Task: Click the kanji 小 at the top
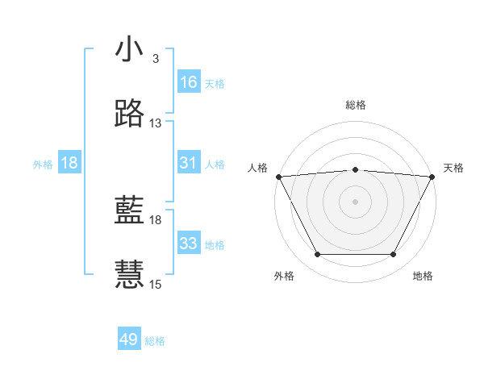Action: click(x=129, y=50)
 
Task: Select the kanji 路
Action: click(x=129, y=115)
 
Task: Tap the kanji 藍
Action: click(x=129, y=211)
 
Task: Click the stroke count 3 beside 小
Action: click(x=155, y=59)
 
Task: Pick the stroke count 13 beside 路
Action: click(x=156, y=123)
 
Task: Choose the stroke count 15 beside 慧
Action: click(x=156, y=284)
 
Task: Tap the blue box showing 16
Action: click(x=189, y=82)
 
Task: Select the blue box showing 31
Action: click(x=189, y=163)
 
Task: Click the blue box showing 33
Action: click(x=189, y=244)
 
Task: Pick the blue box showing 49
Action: click(x=129, y=340)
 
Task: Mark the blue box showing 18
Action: click(x=69, y=163)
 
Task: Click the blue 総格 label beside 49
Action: click(x=156, y=341)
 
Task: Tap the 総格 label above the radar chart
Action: click(x=355, y=105)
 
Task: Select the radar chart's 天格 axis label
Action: click(x=453, y=168)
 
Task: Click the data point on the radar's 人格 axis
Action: click(x=278, y=177)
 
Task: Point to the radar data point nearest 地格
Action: click(x=394, y=255)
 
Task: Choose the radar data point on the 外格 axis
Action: click(x=317, y=255)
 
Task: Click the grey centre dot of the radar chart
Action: click(x=355, y=202)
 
